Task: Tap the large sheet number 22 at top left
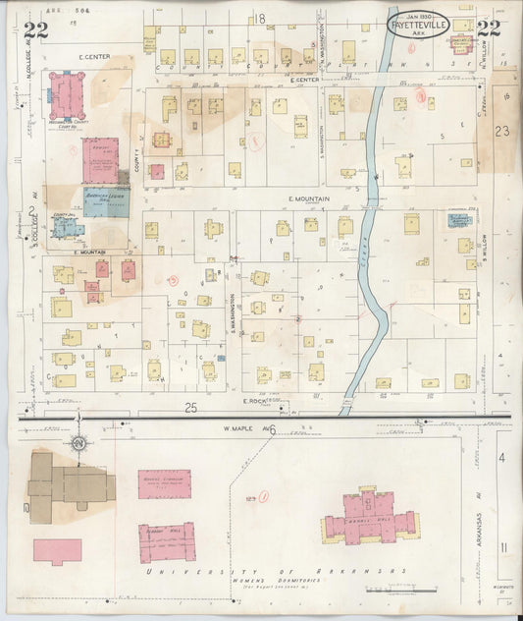pyautogui.click(x=36, y=29)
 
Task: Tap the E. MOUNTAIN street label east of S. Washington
pyautogui.click(x=308, y=199)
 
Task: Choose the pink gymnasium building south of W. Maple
pyautogui.click(x=164, y=482)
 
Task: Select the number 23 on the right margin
pyautogui.click(x=503, y=130)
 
